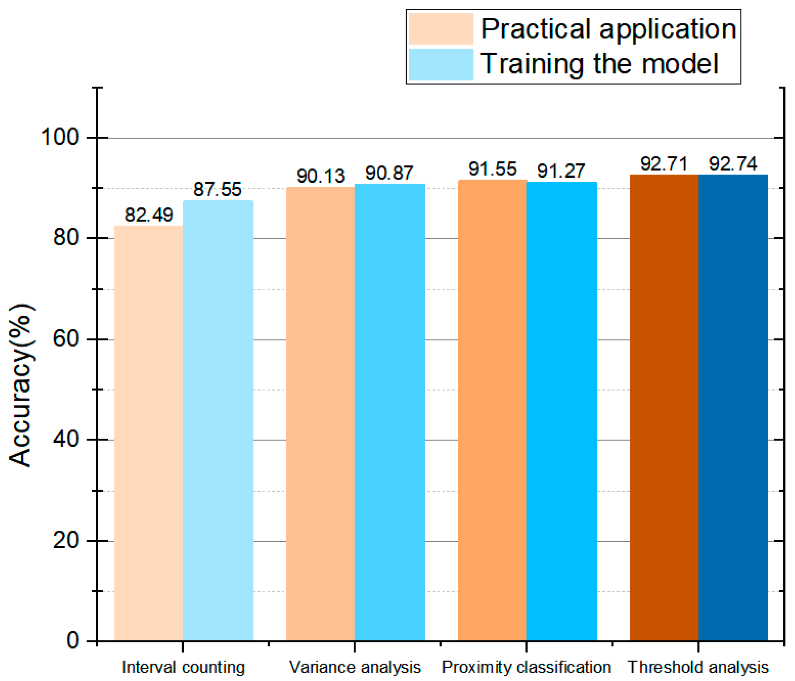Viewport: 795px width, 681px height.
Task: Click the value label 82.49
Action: tap(149, 215)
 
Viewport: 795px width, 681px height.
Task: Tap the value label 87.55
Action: tap(217, 190)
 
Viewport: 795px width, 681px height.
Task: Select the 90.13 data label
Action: tap(321, 176)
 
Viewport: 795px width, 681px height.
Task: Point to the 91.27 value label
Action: tap(561, 171)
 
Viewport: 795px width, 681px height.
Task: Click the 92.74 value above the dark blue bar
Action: tap(733, 164)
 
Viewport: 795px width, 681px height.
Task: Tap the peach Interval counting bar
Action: tap(148, 434)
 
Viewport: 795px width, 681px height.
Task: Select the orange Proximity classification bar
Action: tap(492, 411)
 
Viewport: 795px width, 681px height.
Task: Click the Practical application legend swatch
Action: tap(441, 29)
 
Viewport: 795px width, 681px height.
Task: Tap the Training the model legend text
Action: tap(599, 64)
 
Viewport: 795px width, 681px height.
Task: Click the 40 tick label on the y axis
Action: tap(65, 439)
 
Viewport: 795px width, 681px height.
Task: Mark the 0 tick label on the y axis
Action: tap(73, 641)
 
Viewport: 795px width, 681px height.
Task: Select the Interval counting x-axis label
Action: tap(183, 667)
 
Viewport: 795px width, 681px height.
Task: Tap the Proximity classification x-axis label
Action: tap(526, 667)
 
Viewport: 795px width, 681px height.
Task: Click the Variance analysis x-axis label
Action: tap(355, 667)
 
